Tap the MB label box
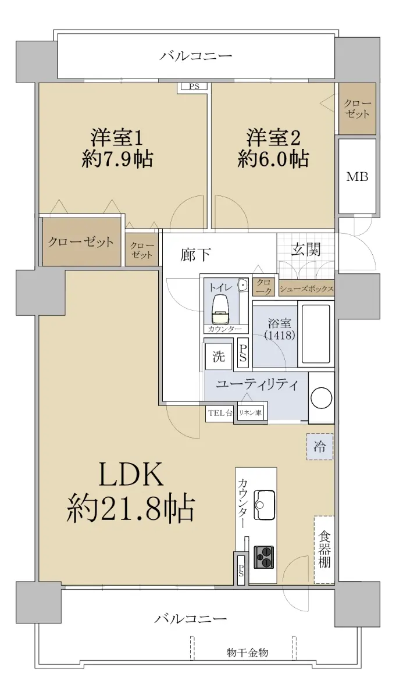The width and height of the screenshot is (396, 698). point(357,176)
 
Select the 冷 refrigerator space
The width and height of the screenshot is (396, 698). point(320,447)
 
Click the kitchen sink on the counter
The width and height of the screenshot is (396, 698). point(264,505)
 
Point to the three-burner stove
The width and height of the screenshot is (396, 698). point(264,557)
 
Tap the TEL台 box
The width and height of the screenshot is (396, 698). point(220,414)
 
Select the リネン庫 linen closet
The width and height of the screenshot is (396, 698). point(250,414)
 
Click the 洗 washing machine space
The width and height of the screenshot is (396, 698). point(219,357)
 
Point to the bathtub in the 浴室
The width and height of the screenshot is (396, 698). point(316,334)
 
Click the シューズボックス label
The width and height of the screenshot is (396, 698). point(306,289)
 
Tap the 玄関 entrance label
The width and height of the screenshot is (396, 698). point(306,250)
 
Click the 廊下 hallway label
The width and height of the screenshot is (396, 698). point(196,254)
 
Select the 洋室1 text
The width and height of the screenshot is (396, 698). point(117,138)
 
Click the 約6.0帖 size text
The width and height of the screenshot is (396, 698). point(273,159)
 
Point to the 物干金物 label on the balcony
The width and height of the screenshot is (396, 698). point(247,652)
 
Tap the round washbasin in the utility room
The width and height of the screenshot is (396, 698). point(322,398)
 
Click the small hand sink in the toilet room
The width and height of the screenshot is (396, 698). point(242,285)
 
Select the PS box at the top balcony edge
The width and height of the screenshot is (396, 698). point(194,87)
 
